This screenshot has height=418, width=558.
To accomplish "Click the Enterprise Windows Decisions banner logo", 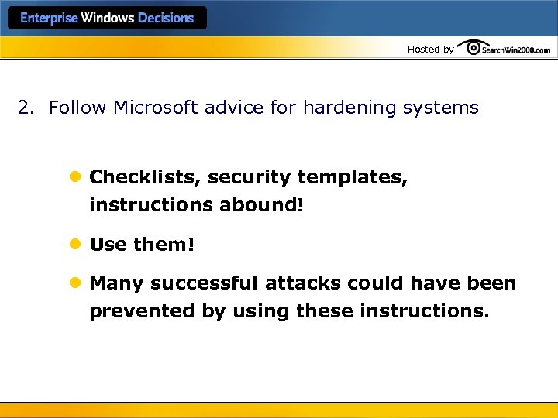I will click(107, 18).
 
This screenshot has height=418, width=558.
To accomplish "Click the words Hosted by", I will click(430, 50).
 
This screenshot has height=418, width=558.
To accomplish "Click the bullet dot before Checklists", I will click(75, 177).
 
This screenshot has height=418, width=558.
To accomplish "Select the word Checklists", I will click(146, 177).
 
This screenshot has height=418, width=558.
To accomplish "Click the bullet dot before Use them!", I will click(75, 245).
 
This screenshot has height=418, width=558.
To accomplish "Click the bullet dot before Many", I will click(75, 283).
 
